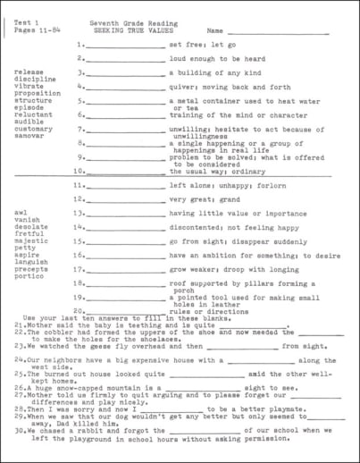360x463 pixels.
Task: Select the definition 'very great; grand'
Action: (197, 199)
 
